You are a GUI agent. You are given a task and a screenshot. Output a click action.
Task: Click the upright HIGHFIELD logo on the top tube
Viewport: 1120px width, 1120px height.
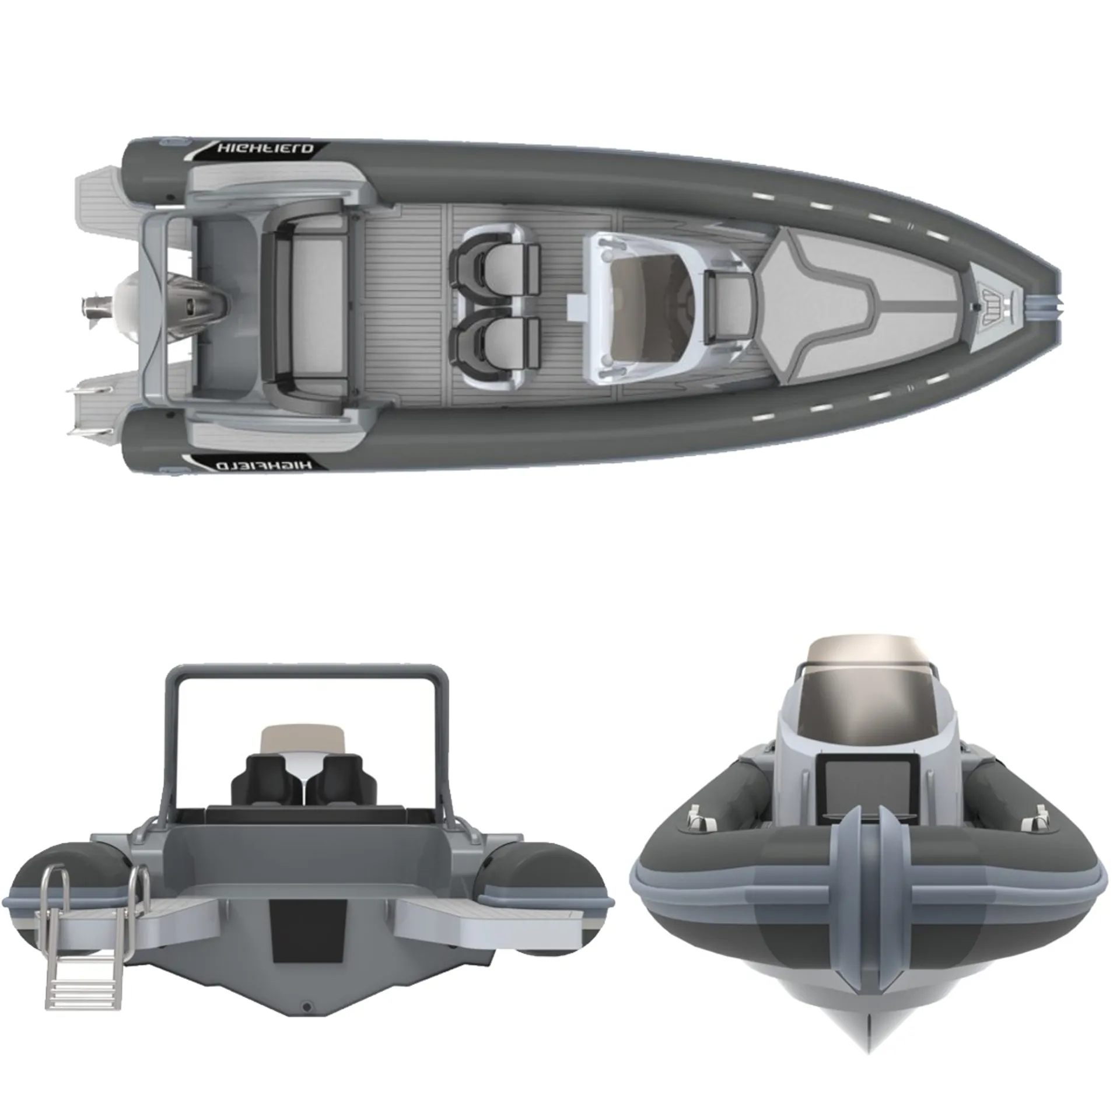(265, 149)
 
